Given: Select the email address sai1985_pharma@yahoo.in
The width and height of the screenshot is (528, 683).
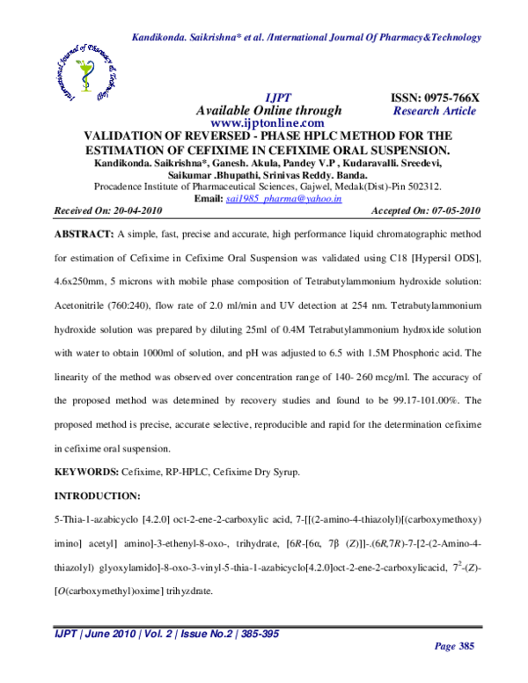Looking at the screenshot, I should (283, 200).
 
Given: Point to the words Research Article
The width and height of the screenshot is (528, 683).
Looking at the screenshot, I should (435, 111).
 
